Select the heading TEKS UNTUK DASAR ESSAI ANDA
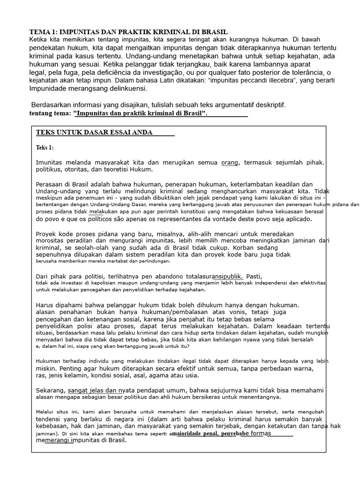tap(94, 133)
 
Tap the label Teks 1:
tap(45, 148)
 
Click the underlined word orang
tap(230, 162)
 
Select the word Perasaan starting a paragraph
tap(51, 184)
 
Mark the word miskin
tap(46, 368)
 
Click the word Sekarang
tap(51, 390)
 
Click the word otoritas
tap(81, 169)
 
